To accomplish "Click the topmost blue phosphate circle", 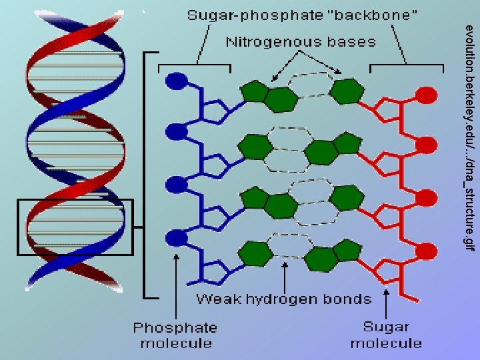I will (175, 81).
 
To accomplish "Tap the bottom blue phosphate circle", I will (175, 237).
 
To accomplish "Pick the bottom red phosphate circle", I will (425, 250).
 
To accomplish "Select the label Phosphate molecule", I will (175, 335).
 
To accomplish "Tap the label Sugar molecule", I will (386, 335).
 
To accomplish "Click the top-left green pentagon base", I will (253, 91).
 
